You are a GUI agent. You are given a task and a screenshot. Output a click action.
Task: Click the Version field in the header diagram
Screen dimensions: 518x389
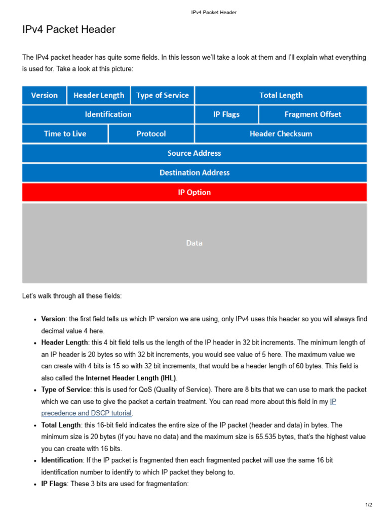point(45,95)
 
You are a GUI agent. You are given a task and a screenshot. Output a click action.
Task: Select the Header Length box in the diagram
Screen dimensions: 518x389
point(99,95)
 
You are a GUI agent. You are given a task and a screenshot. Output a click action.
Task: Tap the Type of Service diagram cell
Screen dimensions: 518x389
point(163,95)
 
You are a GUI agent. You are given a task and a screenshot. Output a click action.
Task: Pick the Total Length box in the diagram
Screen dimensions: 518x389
point(281,95)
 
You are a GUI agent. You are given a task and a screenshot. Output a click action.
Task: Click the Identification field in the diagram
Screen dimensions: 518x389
point(108,114)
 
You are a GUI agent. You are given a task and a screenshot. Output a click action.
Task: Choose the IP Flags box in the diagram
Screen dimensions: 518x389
point(226,114)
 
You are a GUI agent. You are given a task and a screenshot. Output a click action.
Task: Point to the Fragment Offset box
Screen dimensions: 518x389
point(313,114)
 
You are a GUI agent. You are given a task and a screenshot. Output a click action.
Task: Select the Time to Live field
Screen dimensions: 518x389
point(65,134)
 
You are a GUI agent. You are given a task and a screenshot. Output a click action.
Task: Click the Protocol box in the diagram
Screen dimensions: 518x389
point(151,134)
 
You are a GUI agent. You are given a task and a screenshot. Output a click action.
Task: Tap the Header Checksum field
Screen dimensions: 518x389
point(281,134)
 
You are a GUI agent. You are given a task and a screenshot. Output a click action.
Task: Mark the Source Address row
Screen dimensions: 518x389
point(194,153)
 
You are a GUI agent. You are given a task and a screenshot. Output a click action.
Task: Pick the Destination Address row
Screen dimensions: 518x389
point(194,172)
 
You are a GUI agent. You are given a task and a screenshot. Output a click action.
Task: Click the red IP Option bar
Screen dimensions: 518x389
point(194,192)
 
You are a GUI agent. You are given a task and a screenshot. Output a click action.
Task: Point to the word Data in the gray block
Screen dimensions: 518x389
point(194,243)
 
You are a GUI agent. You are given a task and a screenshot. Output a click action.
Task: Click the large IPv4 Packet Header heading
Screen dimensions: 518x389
point(69,30)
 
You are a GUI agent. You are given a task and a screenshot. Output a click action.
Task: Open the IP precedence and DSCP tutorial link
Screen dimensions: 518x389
point(87,413)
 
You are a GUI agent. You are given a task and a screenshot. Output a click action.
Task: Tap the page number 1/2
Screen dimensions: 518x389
point(368,505)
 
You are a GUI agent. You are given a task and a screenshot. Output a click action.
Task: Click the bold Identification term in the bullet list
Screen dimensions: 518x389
point(62,460)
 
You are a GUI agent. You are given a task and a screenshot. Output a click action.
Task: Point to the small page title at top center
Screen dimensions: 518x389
point(214,12)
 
